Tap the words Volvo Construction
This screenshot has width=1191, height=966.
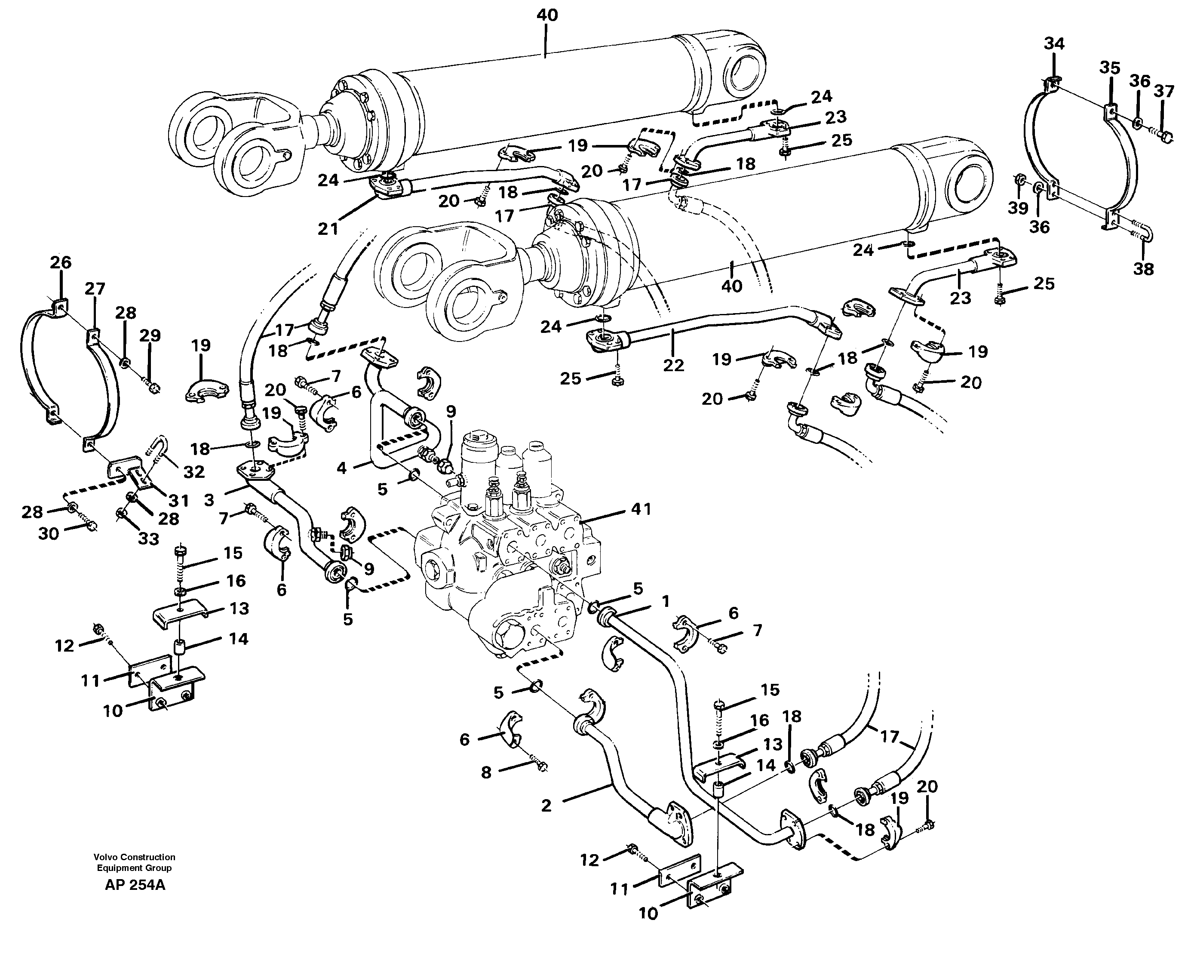pos(134,857)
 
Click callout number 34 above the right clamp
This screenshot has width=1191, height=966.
pos(1053,43)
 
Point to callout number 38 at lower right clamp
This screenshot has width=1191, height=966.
pos(1143,269)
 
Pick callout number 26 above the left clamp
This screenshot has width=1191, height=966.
pos(61,262)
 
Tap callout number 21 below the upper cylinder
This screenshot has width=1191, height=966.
pos(328,229)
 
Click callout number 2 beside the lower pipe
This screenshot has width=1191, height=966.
pos(546,805)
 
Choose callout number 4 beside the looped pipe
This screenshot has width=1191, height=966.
pos(341,468)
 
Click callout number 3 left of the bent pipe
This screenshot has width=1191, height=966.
pos(209,500)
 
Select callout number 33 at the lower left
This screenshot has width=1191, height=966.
pos(148,538)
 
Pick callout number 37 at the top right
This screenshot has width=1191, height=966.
pos(1164,91)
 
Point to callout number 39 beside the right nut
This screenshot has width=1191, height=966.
pos(1018,209)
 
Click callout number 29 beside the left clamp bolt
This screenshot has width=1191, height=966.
pos(150,335)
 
